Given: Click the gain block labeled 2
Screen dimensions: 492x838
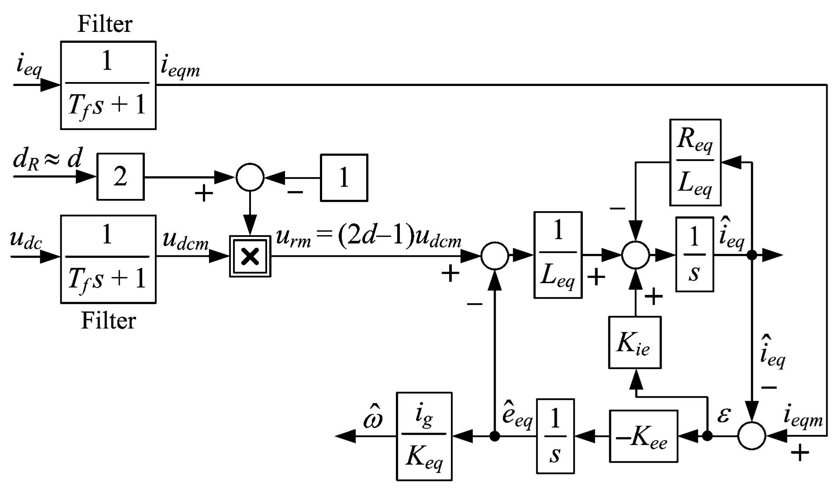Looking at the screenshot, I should coord(120,177).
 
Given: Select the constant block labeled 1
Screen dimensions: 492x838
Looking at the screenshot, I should coord(344,178).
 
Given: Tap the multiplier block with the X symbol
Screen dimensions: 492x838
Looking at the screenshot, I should coord(250,256).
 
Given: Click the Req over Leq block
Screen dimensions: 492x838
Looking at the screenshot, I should coord(695,162).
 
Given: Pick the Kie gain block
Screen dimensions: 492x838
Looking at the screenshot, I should coord(635,343).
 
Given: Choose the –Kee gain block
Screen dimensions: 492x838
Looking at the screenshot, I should coord(643,436).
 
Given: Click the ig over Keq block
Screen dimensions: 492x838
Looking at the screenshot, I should coord(424,436).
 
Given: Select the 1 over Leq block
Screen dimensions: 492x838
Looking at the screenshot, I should coord(558,255).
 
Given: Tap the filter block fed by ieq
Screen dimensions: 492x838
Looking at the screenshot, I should coord(108,85).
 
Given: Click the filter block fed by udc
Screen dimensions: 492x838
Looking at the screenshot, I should coord(108,259).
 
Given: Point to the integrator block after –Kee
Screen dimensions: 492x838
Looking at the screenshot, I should coord(555,436).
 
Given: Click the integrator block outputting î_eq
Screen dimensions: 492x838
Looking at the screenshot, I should coord(694,254).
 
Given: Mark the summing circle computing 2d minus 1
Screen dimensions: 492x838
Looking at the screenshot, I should coord(250,178).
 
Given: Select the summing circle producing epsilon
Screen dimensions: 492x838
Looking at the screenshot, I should coord(752,436).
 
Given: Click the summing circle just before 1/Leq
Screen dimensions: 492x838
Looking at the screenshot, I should coord(495,256).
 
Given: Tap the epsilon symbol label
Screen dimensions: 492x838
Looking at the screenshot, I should coord(723,415).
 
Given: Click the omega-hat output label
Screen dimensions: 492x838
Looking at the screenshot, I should coord(373,418).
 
